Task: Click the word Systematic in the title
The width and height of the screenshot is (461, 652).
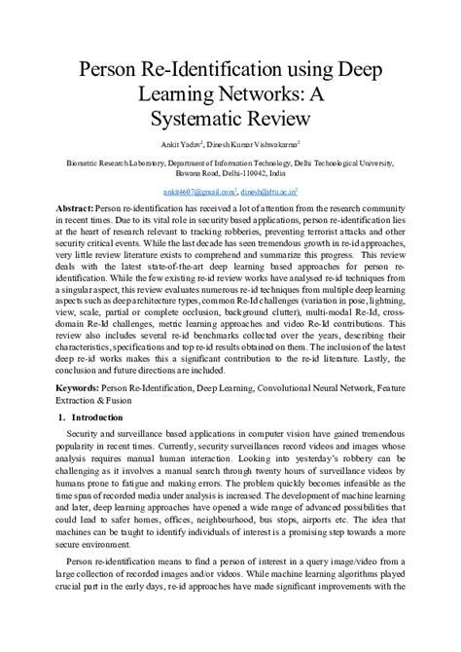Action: click(190, 119)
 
